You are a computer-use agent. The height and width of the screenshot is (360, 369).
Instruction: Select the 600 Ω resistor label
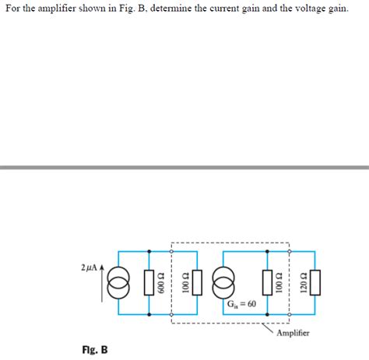point(160,285)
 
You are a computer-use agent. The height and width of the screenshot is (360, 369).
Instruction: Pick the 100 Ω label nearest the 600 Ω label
point(184,285)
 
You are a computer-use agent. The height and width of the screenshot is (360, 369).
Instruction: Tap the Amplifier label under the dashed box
point(293,333)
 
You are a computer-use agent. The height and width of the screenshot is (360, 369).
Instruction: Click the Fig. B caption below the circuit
point(94,350)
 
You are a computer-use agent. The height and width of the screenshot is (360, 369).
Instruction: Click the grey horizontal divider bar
point(184,166)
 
